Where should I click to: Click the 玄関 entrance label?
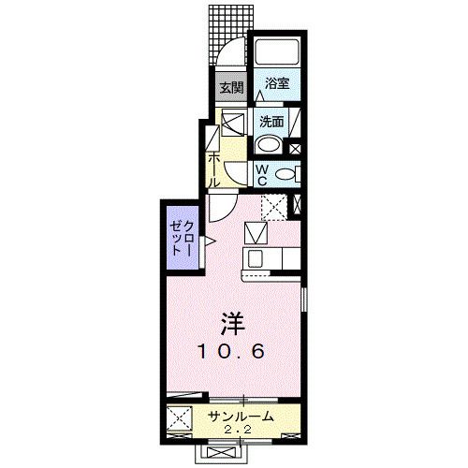[231, 90]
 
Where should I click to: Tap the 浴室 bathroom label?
[276, 82]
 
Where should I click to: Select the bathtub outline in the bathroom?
[276, 53]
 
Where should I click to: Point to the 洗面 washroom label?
[271, 121]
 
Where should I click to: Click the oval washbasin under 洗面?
[269, 144]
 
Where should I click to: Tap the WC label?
[262, 174]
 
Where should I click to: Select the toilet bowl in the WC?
[286, 173]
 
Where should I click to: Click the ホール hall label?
[214, 168]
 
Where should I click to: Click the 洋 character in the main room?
[231, 323]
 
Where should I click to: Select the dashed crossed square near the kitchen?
[273, 206]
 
